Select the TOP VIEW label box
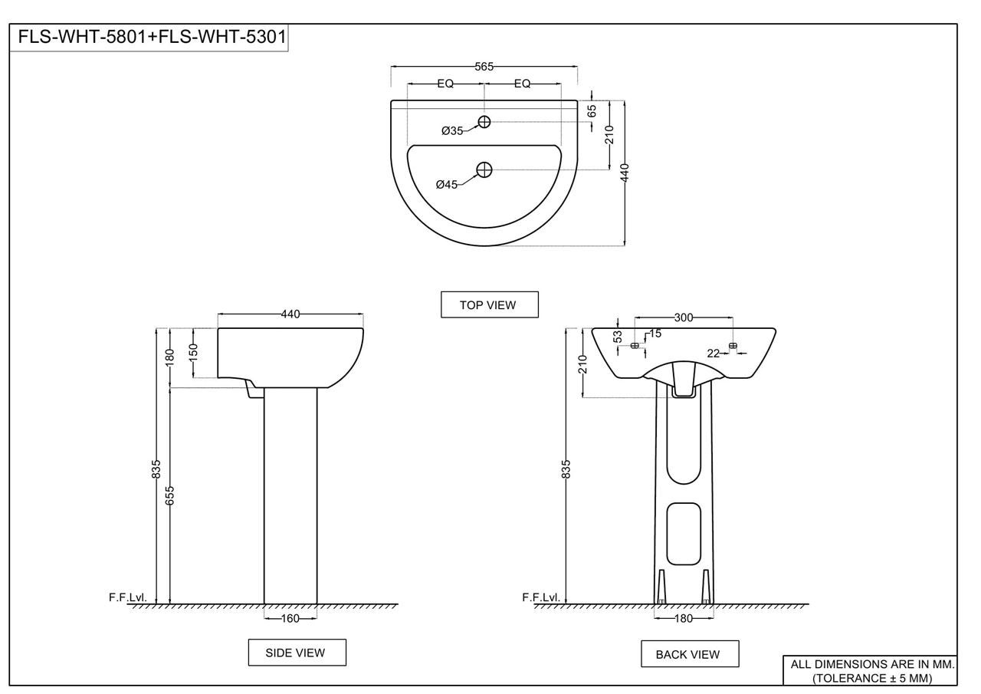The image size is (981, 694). coord(489,304)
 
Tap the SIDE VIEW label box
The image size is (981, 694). coord(297,653)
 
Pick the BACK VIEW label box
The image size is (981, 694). coord(690,654)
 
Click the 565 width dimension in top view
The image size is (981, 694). coord(484,67)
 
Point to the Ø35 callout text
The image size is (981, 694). coord(452,131)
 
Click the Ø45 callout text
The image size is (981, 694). coord(447,184)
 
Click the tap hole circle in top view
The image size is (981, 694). coord(484,122)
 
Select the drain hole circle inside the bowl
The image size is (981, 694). coord(484,169)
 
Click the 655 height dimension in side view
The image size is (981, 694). coord(170,495)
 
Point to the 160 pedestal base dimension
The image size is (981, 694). coord(290,617)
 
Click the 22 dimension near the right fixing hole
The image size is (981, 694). coord(713,353)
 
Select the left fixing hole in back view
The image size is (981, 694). coord(635,346)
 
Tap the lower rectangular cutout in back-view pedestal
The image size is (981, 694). coord(684,533)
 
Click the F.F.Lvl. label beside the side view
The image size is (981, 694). coord(127,597)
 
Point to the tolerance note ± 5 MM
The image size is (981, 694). coord(871,679)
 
